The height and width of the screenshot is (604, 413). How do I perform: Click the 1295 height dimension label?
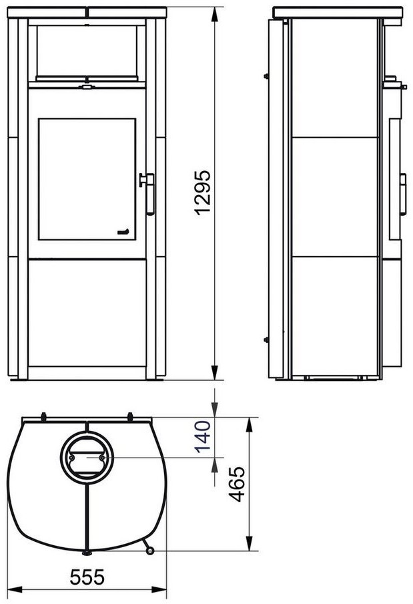[x=203, y=192]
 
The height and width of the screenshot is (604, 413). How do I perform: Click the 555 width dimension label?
[x=87, y=577]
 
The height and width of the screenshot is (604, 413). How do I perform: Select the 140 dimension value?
[x=203, y=436]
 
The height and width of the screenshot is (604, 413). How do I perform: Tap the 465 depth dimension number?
[x=236, y=484]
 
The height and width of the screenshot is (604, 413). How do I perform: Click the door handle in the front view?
[x=148, y=193]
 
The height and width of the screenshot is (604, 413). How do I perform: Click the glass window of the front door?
[x=87, y=179]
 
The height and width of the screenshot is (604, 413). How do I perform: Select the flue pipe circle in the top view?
[x=87, y=457]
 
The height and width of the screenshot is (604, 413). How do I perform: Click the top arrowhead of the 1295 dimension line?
[x=215, y=15]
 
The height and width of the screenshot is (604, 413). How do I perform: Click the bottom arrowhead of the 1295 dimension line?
[x=215, y=372]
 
